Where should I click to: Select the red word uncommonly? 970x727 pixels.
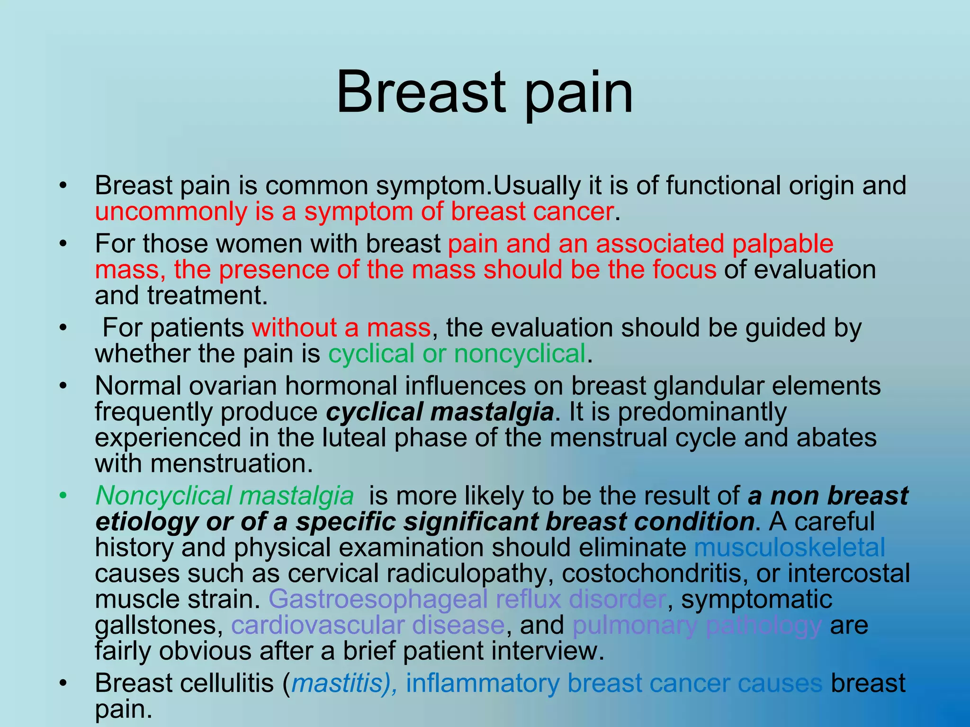171,212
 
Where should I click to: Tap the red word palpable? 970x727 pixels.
782,244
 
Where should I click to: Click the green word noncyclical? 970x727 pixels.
520,354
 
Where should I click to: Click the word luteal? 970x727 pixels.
354,438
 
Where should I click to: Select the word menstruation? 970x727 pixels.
232,463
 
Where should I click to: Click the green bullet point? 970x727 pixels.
63,496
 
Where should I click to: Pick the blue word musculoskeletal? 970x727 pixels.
789,548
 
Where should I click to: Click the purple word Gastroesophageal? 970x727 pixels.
377,599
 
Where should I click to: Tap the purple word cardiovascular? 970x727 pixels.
317,625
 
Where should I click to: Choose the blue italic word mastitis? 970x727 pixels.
337,683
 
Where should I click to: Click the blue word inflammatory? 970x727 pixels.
483,683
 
